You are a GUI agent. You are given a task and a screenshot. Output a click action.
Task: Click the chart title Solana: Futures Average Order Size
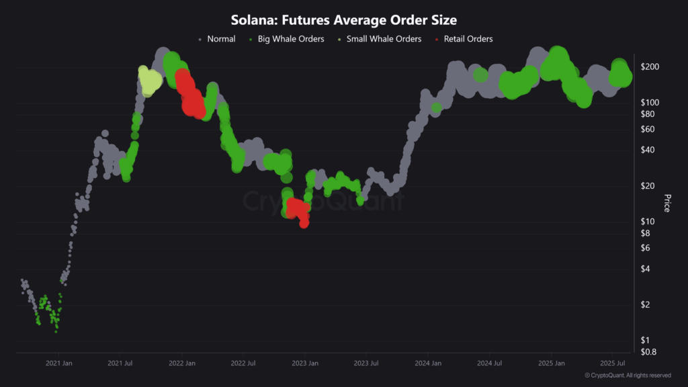[344, 21]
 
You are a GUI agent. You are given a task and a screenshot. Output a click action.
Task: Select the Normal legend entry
[221, 39]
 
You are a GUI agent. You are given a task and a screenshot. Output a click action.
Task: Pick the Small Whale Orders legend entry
[384, 39]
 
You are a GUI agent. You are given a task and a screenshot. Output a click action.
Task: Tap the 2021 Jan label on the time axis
[58, 363]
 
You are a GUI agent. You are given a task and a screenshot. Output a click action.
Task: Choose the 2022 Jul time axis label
[243, 363]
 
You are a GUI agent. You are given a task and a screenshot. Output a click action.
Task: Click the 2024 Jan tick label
[427, 363]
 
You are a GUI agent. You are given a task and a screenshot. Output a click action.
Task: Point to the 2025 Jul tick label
[612, 363]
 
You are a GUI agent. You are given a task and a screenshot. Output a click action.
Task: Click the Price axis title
[667, 203]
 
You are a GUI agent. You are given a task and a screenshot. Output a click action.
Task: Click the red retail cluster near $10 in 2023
[298, 210]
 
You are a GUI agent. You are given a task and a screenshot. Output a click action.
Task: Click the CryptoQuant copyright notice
[628, 376]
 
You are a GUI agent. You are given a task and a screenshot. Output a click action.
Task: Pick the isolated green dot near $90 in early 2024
[436, 107]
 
